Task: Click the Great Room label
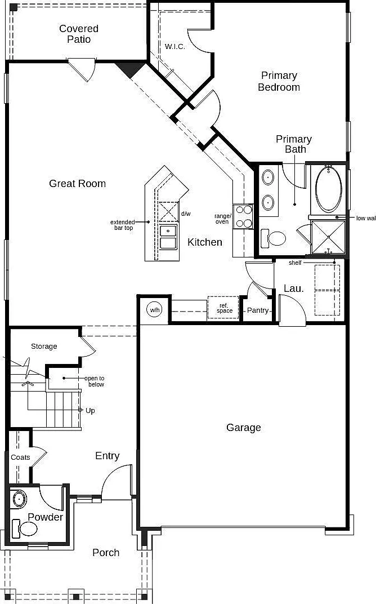(77, 183)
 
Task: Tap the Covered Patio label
(79, 34)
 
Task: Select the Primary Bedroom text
(279, 81)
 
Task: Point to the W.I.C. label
(175, 47)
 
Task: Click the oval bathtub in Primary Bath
(328, 189)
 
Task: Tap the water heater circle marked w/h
(155, 310)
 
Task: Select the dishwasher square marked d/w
(168, 211)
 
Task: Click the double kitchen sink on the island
(168, 237)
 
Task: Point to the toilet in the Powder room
(25, 528)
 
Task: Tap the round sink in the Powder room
(19, 499)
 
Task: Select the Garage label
(244, 428)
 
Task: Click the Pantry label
(258, 310)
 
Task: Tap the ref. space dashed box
(223, 308)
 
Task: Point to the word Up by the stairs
(90, 411)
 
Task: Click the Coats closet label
(20, 458)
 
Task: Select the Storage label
(44, 347)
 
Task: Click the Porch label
(106, 553)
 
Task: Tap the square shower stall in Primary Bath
(328, 238)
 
